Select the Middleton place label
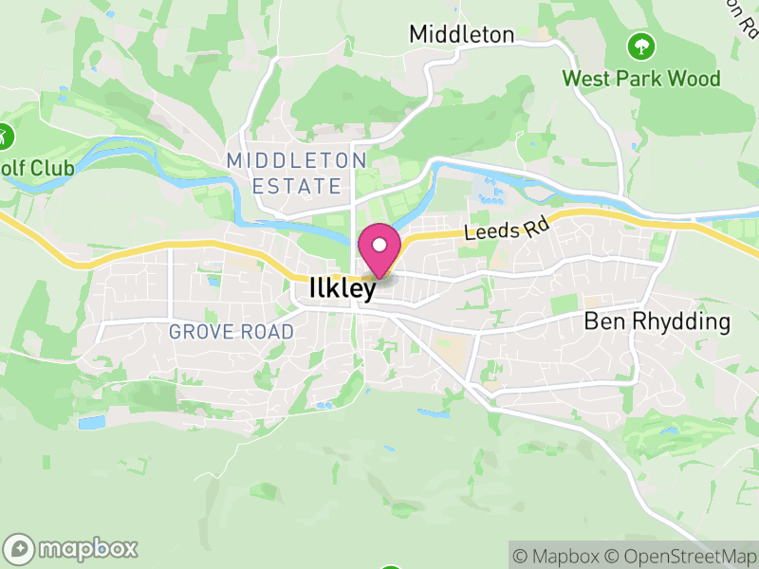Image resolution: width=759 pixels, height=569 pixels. (x=461, y=35)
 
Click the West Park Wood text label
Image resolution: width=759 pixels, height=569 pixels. (x=641, y=78)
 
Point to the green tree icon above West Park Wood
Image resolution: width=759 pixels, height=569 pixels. (x=641, y=45)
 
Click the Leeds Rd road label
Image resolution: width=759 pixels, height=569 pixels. (x=500, y=230)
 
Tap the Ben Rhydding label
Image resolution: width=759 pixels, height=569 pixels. (x=657, y=321)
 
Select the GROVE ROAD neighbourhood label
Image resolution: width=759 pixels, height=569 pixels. (x=231, y=332)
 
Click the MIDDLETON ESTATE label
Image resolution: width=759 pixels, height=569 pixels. (x=296, y=173)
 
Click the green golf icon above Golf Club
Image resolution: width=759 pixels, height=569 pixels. (x=5, y=135)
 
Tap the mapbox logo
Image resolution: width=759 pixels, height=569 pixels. (x=72, y=548)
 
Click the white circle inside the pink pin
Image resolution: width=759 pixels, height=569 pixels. (x=379, y=245)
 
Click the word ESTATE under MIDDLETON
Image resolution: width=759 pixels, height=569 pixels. (x=296, y=186)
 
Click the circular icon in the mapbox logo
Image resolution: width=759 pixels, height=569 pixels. (x=19, y=548)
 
